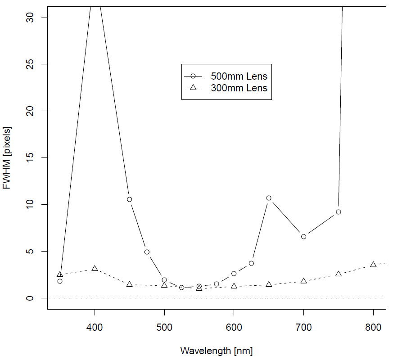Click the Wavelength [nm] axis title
click(x=216, y=351)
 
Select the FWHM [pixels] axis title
click(x=8, y=158)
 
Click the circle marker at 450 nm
click(x=129, y=199)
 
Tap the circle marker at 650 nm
click(x=269, y=198)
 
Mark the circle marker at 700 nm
click(x=303, y=237)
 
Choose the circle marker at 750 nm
click(x=339, y=212)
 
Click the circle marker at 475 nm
click(x=147, y=252)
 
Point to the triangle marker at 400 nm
click(x=95, y=269)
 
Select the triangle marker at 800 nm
click(x=373, y=265)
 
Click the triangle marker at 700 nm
click(x=303, y=281)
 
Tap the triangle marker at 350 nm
click(x=60, y=274)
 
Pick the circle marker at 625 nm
click(x=251, y=263)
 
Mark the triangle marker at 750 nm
click(x=339, y=274)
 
